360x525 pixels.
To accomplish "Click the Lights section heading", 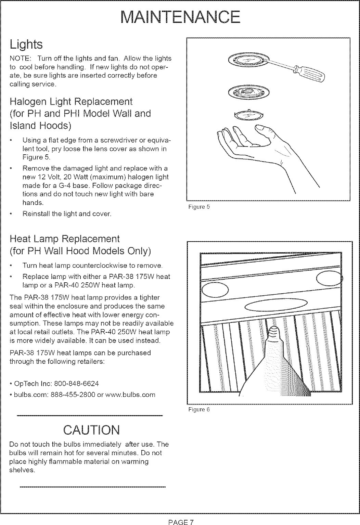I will coord(26,44).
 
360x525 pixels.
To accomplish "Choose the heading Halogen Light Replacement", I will coord(71,102).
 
